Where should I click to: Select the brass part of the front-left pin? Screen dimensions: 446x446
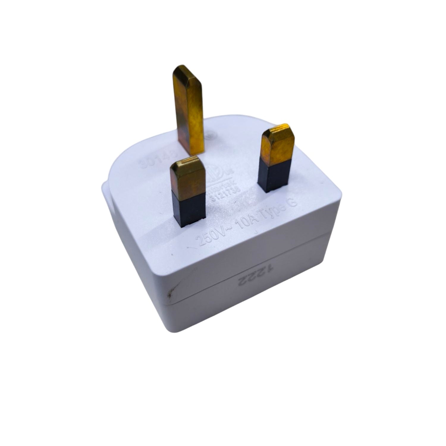(187, 178)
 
